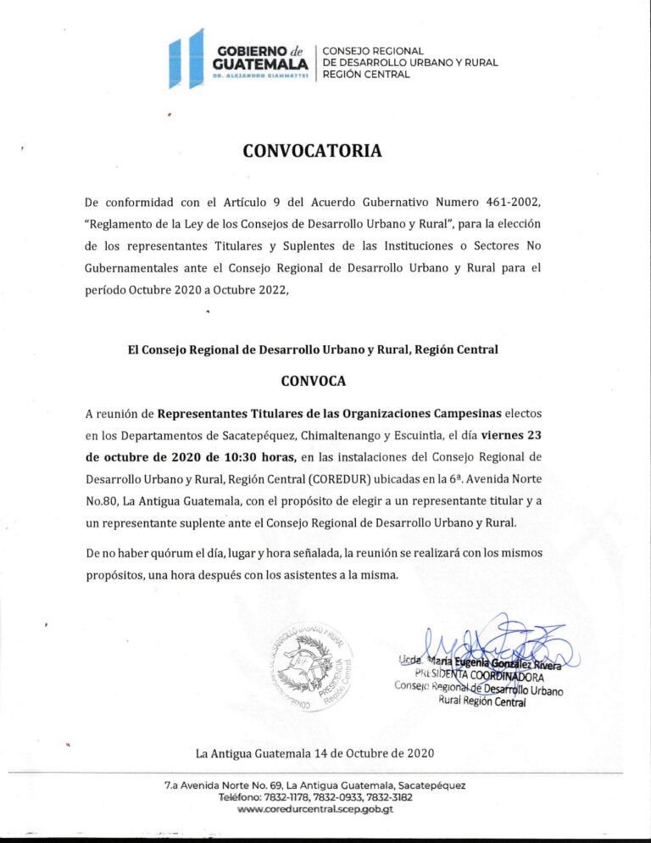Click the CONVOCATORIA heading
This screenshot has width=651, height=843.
point(312,152)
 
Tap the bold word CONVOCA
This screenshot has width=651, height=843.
point(313,381)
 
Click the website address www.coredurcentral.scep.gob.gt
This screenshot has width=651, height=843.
point(315,809)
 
